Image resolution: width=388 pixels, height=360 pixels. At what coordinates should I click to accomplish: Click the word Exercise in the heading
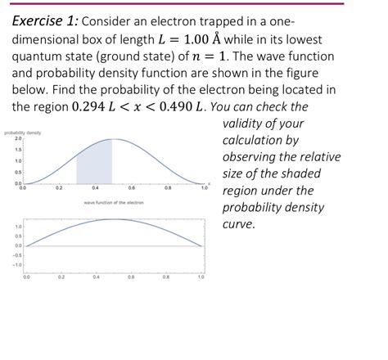click(42, 23)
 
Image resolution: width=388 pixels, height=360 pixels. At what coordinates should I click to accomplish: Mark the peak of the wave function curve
click(114, 219)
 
